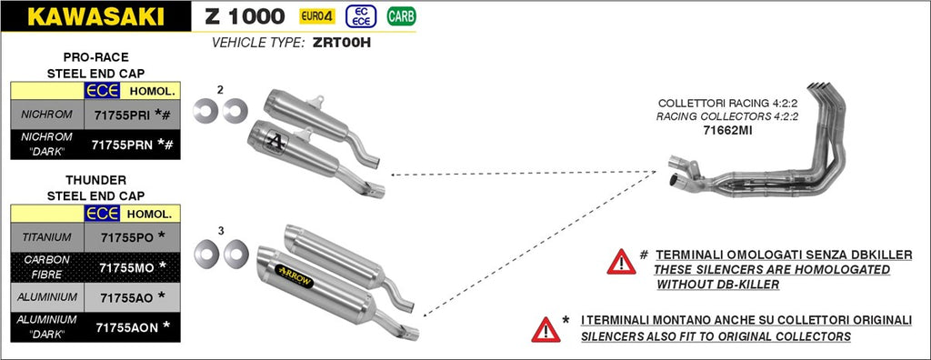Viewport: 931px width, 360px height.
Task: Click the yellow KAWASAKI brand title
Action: pos(95,16)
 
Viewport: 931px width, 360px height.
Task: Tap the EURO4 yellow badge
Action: pos(317,16)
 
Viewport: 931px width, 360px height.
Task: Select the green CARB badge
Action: pos(401,16)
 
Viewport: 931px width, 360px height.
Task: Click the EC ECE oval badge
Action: pos(361,16)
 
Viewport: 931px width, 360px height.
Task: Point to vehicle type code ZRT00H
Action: pos(341,43)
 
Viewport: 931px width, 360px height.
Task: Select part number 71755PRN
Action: pos(122,145)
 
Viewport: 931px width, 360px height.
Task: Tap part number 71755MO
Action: pos(126,268)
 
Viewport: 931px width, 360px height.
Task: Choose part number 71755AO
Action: pos(126,297)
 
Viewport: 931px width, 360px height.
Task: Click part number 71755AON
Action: pos(127,326)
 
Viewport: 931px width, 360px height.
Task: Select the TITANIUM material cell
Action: pos(47,237)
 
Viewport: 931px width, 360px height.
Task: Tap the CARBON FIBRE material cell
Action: pos(47,267)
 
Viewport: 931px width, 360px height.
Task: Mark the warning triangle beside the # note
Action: pos(621,262)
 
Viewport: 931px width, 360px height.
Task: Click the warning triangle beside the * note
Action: pos(546,330)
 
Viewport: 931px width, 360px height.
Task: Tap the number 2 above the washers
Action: pos(220,90)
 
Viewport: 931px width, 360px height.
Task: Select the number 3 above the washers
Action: pos(221,231)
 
